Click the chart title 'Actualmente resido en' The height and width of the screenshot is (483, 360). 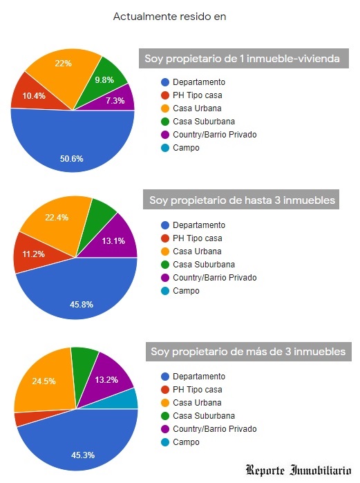[170, 16]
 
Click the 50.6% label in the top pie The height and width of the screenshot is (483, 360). [71, 158]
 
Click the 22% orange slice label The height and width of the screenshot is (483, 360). [63, 64]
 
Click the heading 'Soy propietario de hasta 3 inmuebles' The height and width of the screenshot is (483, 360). [243, 200]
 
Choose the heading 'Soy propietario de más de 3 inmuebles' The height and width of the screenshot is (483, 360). [248, 352]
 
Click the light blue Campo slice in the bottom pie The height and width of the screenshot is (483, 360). [129, 399]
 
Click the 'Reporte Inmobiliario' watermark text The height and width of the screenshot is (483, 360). [299, 471]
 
